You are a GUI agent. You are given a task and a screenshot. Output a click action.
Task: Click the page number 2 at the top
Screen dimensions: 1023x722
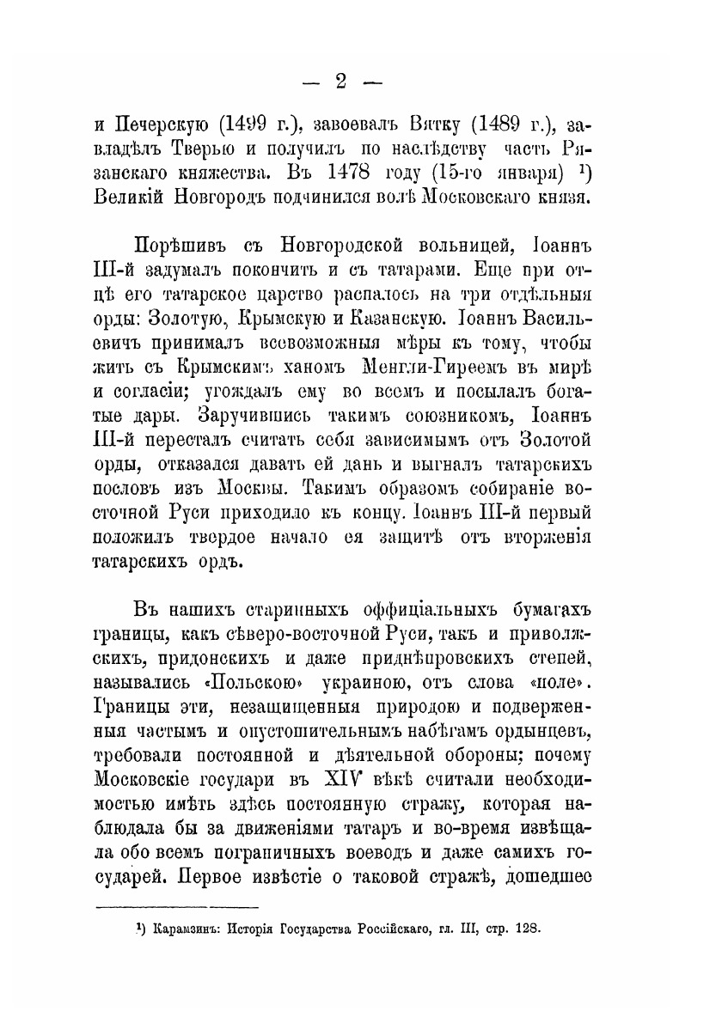340,82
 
